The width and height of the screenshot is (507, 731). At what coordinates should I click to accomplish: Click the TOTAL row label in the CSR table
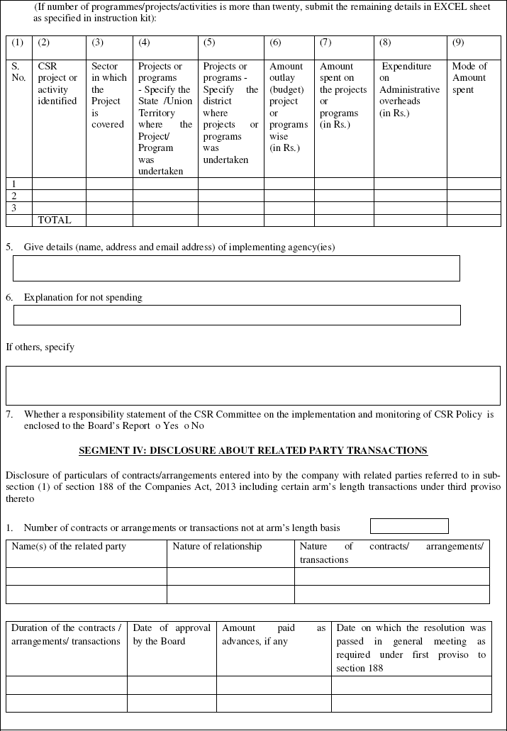[x=55, y=221]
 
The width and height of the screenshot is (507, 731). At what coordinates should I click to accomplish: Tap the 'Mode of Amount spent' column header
[x=469, y=78]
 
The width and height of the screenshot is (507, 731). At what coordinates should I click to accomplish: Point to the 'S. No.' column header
[x=18, y=72]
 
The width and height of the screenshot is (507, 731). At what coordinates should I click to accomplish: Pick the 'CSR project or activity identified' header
[x=57, y=84]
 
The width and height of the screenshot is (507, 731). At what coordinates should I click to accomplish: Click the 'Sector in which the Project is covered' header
[x=108, y=95]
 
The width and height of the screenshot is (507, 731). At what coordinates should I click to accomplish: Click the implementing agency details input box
[x=237, y=268]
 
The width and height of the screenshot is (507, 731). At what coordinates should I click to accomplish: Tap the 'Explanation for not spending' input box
[x=237, y=315]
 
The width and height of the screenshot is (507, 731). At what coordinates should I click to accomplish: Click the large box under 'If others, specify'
[x=252, y=385]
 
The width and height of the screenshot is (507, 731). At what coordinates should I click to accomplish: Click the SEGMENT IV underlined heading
[x=253, y=450]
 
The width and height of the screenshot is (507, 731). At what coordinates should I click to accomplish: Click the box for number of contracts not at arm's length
[x=409, y=526]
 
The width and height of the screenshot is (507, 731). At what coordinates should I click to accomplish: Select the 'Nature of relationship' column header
[x=217, y=547]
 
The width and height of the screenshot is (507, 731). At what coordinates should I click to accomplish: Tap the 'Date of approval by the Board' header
[x=172, y=635]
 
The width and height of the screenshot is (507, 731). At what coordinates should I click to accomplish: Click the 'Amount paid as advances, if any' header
[x=273, y=635]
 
